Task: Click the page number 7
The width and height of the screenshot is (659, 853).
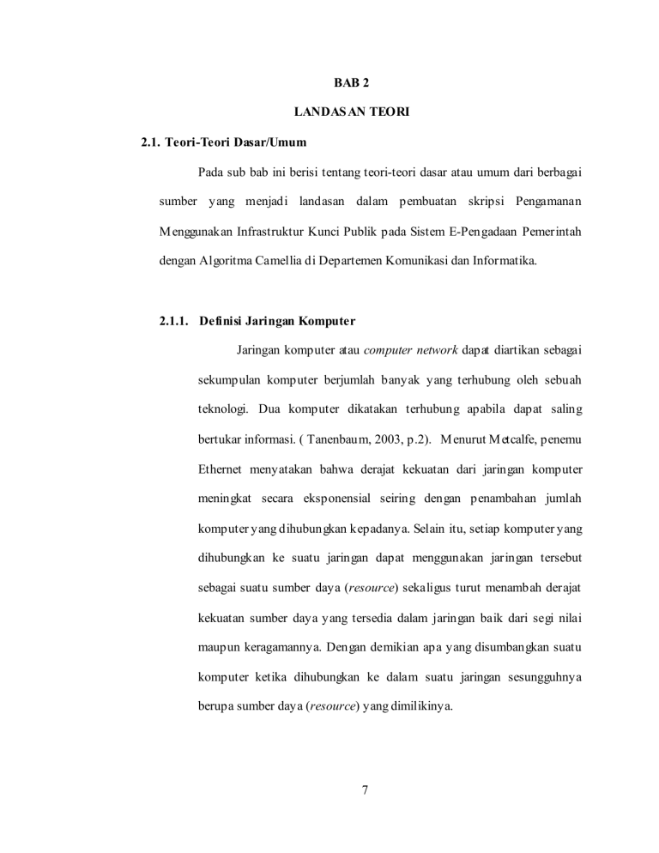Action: (x=365, y=791)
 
